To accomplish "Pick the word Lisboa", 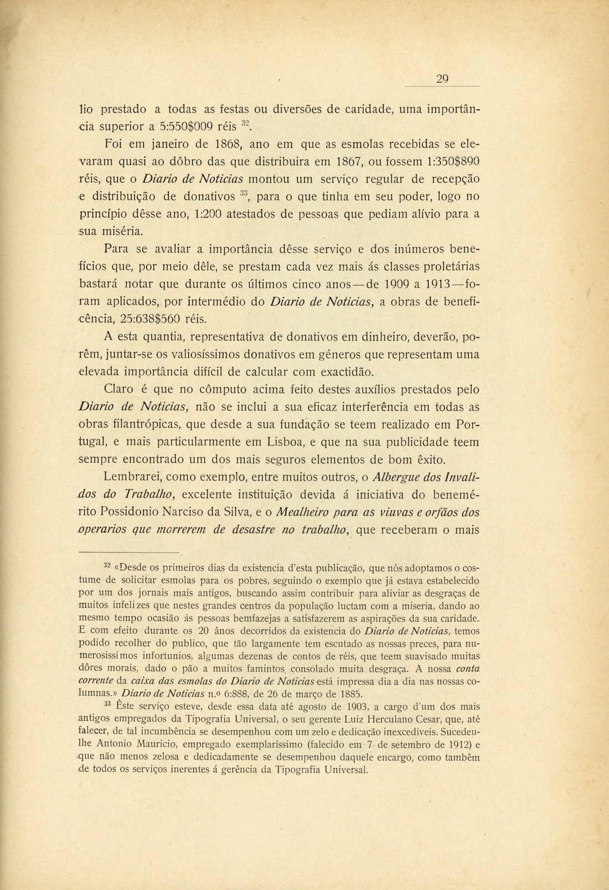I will [269, 443].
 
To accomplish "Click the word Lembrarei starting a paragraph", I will [132, 477].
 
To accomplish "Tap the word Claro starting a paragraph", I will [118, 390].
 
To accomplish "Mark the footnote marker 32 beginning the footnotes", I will [107, 566].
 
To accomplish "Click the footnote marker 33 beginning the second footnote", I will [108, 705].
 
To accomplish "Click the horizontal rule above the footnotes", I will [128, 553].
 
